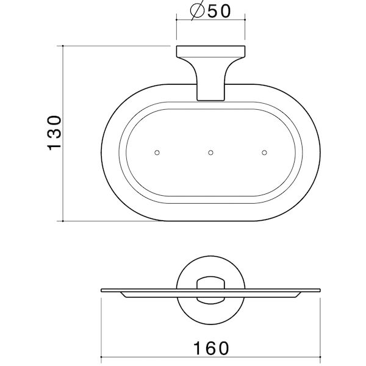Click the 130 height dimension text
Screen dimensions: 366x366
[x=54, y=132]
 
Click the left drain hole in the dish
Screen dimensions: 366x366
[x=157, y=151]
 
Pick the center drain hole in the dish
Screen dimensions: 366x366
[x=210, y=151]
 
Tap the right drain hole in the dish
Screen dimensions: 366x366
[x=264, y=151]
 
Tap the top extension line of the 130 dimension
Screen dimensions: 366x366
[x=116, y=45]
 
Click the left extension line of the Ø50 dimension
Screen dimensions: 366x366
[x=176, y=30]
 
